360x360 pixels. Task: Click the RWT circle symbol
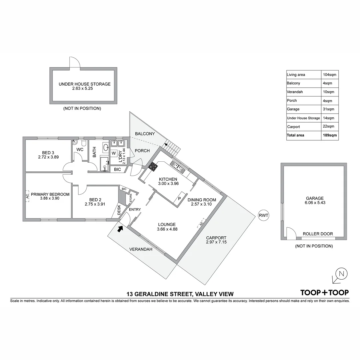[x=263, y=215]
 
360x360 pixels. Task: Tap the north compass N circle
[x=341, y=274]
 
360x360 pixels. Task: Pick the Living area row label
[x=296, y=75]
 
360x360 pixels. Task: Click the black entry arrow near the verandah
[x=120, y=228]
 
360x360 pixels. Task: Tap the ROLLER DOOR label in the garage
[x=318, y=234]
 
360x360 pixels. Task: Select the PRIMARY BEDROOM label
[x=50, y=194]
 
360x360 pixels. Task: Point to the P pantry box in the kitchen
[x=179, y=199]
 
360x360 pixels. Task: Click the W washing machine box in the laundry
[x=114, y=153]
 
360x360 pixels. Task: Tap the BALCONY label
[x=145, y=134]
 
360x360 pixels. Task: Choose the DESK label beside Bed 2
[x=119, y=210]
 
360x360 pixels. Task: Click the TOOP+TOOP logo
[x=324, y=293]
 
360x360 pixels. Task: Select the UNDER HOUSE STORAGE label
[x=84, y=84]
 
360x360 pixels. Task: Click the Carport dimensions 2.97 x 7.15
[x=216, y=242]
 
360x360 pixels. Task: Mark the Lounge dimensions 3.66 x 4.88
[x=167, y=229]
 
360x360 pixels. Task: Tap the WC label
[x=80, y=150]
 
